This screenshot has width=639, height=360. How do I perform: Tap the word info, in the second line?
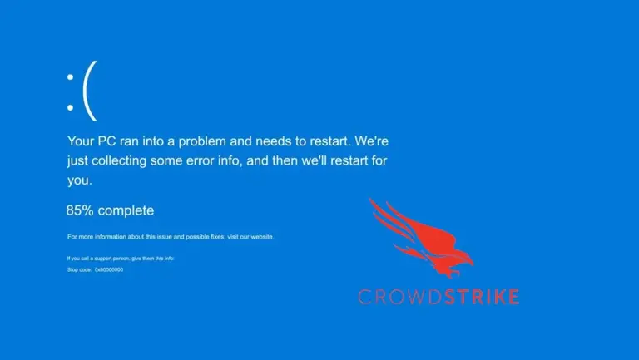click(260, 160)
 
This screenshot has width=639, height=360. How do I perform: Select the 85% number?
click(80, 210)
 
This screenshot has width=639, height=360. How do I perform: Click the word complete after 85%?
click(126, 210)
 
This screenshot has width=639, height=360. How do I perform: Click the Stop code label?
click(79, 269)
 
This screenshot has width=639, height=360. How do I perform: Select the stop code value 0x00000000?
click(109, 269)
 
